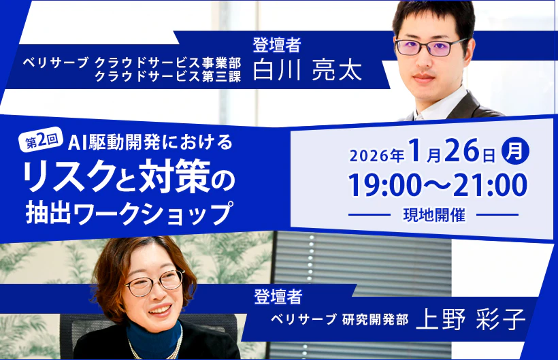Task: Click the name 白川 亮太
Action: (308, 70)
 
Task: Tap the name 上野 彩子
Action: (470, 319)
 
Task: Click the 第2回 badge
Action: (41, 140)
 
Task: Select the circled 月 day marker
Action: (515, 150)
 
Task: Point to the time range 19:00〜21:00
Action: (438, 185)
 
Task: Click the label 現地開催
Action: (434, 215)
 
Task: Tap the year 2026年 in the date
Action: (377, 155)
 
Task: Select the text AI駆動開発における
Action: (150, 142)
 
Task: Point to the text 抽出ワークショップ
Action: (129, 213)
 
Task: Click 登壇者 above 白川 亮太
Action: (277, 45)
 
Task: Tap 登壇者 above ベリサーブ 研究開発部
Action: (278, 296)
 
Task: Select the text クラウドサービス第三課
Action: (168, 76)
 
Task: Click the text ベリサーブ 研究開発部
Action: (340, 319)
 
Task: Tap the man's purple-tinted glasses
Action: (431, 46)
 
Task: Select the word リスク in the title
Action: (69, 176)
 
